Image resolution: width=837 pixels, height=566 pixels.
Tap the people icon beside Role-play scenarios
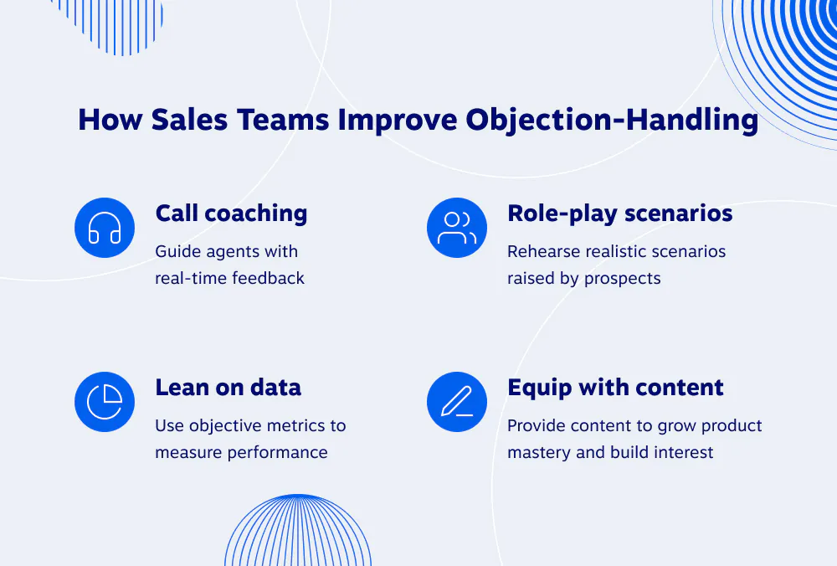(457, 228)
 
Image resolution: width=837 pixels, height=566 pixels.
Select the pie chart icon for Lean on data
(105, 402)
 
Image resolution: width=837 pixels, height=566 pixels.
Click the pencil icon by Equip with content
(457, 402)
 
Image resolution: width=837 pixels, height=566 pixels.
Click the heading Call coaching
(231, 213)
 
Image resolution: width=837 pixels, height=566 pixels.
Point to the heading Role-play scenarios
(619, 214)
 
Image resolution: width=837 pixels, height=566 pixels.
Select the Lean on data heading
(228, 388)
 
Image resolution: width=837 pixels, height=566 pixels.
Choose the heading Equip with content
(615, 388)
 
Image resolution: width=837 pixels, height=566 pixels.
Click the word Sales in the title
(189, 119)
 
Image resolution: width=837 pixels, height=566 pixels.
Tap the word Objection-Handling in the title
(612, 120)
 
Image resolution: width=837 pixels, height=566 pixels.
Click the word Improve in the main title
(397, 120)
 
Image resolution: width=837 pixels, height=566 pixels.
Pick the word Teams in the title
(283, 119)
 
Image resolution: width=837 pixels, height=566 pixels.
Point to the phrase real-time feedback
(229, 278)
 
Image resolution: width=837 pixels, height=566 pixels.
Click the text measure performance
(241, 453)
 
